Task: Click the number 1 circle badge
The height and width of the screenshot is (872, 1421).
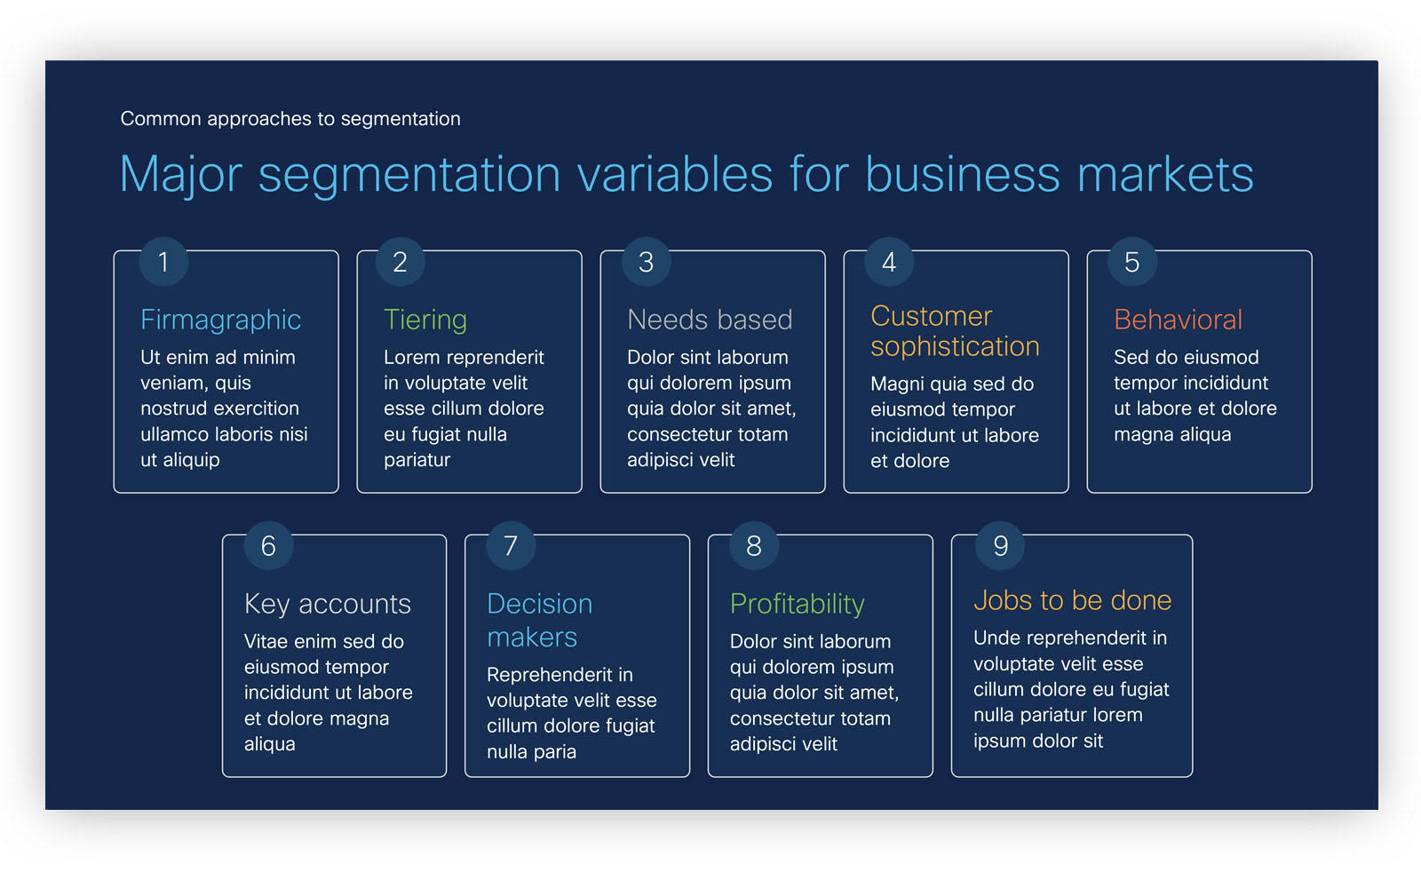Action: (x=163, y=262)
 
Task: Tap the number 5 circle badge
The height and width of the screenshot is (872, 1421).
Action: (x=1132, y=262)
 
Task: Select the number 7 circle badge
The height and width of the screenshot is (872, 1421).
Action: (x=511, y=546)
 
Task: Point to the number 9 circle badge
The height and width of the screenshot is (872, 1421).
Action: (x=1000, y=546)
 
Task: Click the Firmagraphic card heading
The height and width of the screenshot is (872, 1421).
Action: (x=220, y=320)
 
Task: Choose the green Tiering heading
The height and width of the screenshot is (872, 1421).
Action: (x=425, y=320)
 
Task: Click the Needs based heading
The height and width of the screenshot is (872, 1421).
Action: (x=710, y=320)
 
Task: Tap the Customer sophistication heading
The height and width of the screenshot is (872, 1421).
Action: (x=955, y=331)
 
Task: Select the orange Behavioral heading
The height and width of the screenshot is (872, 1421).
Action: (x=1178, y=320)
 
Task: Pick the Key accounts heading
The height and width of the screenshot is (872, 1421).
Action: (x=328, y=604)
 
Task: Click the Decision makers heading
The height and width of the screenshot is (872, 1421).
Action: (x=540, y=620)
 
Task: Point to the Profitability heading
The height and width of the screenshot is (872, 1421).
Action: (x=798, y=604)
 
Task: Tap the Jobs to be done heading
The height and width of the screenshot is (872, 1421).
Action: (x=1073, y=600)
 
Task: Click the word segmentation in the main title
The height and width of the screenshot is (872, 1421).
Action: (x=409, y=174)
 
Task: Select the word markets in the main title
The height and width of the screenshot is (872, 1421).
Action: (x=1165, y=174)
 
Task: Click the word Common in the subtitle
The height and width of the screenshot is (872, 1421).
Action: (x=161, y=119)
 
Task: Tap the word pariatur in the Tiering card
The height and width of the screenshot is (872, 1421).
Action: (x=417, y=460)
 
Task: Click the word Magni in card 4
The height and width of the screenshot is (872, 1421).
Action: (x=897, y=384)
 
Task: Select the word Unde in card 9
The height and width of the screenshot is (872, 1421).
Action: (x=996, y=638)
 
